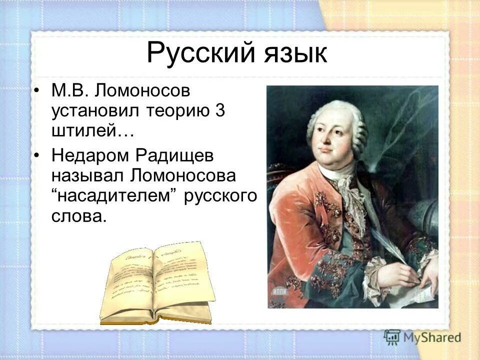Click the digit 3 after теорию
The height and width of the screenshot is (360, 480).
tap(219, 111)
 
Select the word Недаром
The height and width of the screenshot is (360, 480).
tap(90, 156)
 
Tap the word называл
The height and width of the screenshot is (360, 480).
tap(87, 176)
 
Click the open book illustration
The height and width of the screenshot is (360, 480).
tap(157, 283)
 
